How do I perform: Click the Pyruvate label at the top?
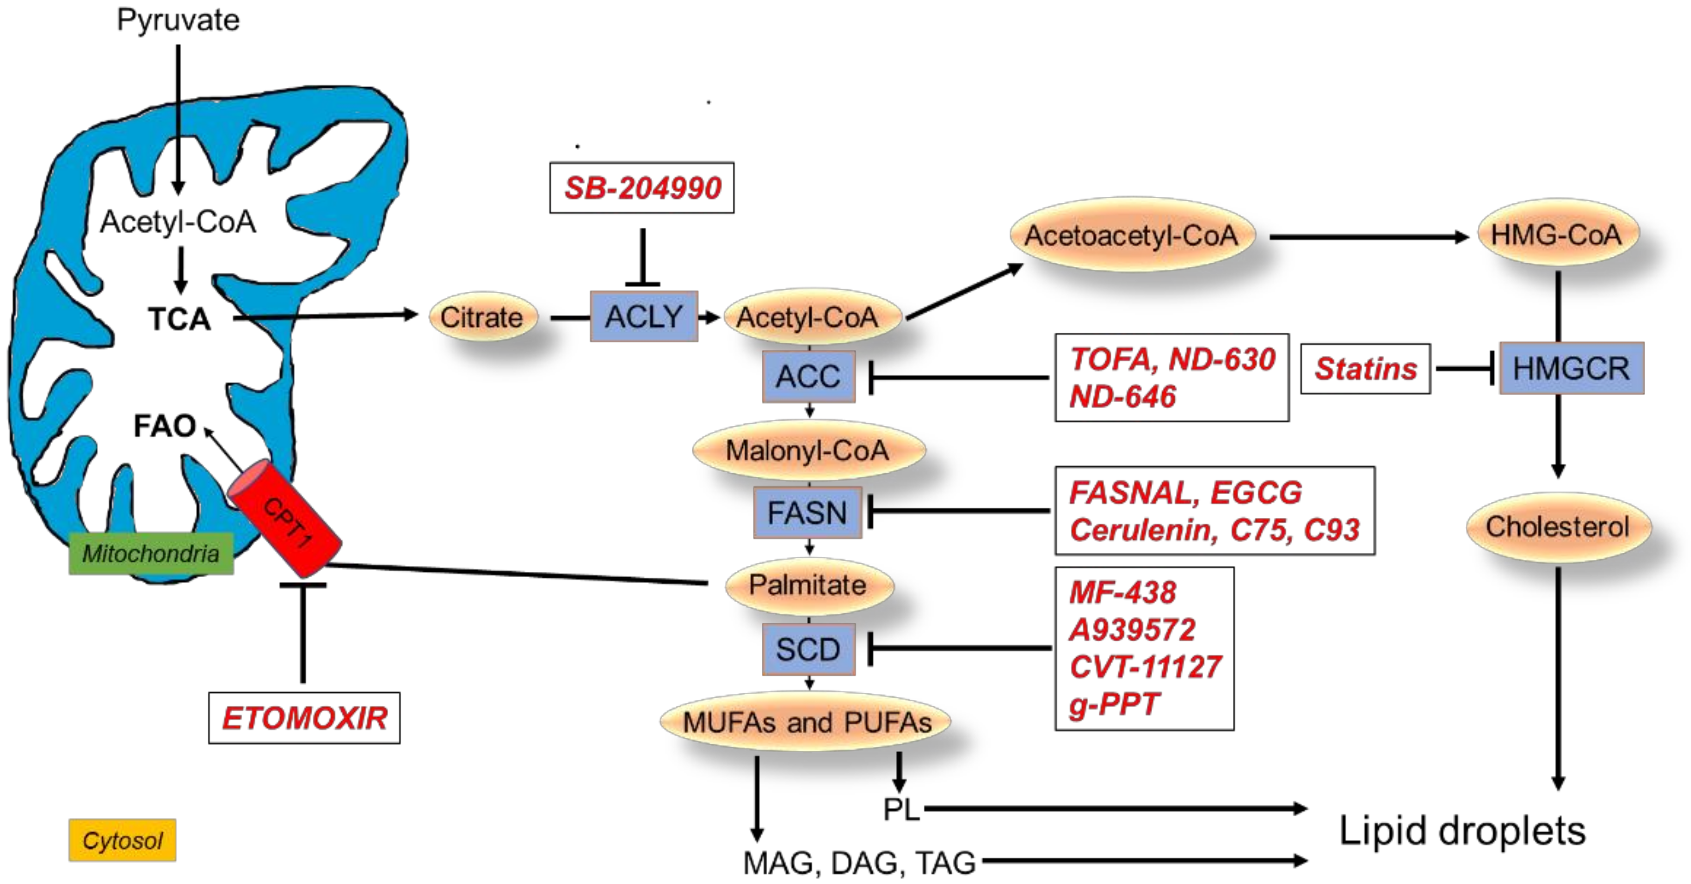pos(178,20)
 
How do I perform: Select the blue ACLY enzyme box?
pos(643,317)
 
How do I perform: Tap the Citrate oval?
pos(482,317)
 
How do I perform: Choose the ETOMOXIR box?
pos(304,718)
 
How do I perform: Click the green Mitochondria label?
pos(151,553)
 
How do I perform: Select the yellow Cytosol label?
pos(122,840)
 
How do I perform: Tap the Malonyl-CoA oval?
pos(808,450)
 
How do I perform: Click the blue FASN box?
pos(807,513)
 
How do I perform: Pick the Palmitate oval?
pos(808,585)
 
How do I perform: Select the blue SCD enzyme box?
pos(808,649)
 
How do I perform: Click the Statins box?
pos(1365,369)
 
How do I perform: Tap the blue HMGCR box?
pos(1571,368)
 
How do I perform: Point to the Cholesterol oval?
pos(1557,527)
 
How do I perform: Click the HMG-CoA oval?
pos(1556,234)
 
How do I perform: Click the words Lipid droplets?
pos(1462,831)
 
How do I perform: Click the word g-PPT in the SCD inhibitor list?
pos(1114,704)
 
